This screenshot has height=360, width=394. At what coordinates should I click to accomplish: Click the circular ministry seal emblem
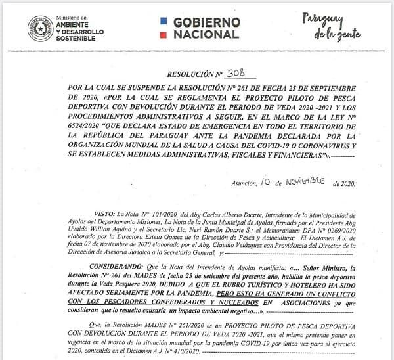(41, 28)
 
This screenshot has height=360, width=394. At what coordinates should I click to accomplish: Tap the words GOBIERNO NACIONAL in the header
(206, 28)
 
